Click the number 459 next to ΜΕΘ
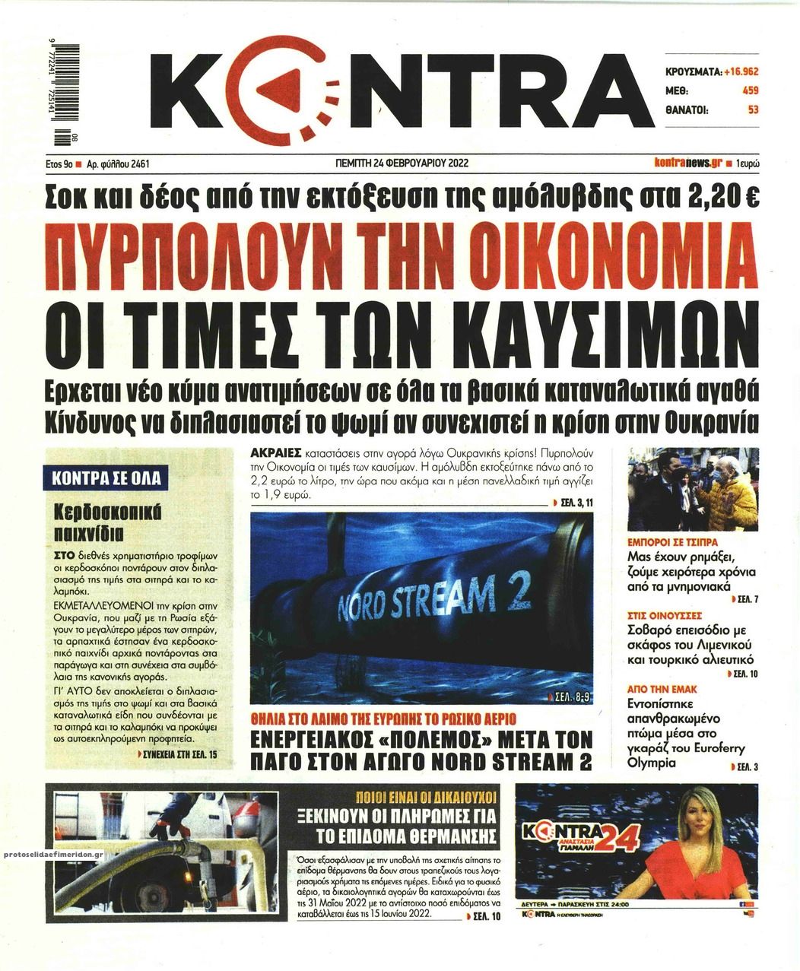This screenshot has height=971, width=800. pyautogui.click(x=748, y=90)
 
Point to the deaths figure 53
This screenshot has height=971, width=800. pyautogui.click(x=753, y=109)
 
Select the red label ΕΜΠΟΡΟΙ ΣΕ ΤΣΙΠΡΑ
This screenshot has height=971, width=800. pyautogui.click(x=675, y=544)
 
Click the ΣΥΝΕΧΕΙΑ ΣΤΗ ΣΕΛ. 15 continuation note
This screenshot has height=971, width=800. pyautogui.click(x=179, y=754)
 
